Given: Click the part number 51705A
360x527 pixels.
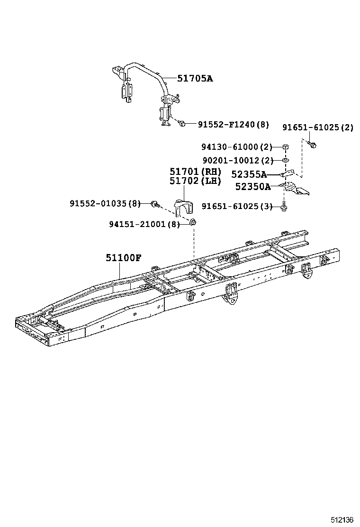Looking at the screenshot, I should pyautogui.click(x=195, y=79).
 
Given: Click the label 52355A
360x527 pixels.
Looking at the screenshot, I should pyautogui.click(x=249, y=174).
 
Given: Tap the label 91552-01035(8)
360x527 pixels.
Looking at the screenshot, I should pyautogui.click(x=105, y=203).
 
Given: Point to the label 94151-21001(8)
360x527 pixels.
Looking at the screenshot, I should pyautogui.click(x=144, y=224).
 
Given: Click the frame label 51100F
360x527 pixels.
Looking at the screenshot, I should pyautogui.click(x=123, y=258).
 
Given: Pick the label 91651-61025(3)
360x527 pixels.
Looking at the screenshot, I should pyautogui.click(x=237, y=206).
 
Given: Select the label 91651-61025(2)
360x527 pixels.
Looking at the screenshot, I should pyautogui.click(x=317, y=127).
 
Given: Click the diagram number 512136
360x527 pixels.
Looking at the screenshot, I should pyautogui.click(x=342, y=520).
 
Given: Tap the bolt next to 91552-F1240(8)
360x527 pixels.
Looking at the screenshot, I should pyautogui.click(x=181, y=124).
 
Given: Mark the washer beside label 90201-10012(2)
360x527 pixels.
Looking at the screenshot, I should pyautogui.click(x=286, y=161).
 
